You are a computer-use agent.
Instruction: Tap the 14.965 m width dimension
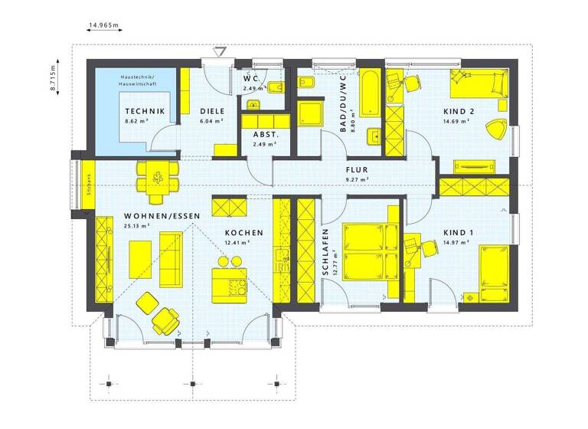(104, 25)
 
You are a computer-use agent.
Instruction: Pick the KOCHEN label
(243, 233)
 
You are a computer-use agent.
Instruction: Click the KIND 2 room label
(459, 112)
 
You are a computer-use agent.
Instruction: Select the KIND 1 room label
(459, 233)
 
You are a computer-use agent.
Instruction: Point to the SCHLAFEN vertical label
(325, 253)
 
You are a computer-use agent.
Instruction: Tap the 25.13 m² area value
(136, 227)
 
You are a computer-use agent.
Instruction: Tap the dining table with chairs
(158, 179)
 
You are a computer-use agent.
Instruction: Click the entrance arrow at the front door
(222, 52)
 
